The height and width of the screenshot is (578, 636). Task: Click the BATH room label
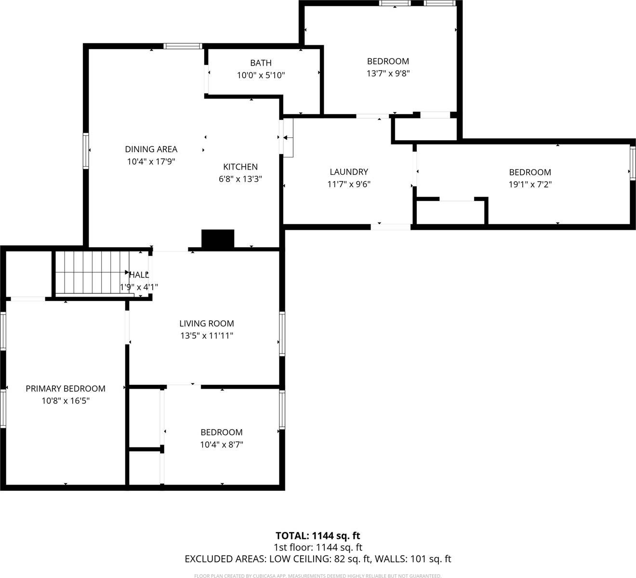pos(261,63)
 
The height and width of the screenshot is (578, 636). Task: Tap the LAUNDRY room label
pos(349,172)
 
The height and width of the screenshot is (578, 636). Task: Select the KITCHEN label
pos(240,167)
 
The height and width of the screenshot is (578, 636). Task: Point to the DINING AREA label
pos(151,149)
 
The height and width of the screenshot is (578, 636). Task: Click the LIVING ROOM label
pos(207,324)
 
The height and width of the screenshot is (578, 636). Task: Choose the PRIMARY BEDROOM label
pos(66,389)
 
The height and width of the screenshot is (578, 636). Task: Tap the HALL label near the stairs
pos(139,275)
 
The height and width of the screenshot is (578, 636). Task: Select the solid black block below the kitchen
pos(217,239)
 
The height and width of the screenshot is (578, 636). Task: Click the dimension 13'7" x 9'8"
pos(388,74)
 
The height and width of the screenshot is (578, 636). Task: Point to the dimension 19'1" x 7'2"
pos(530,184)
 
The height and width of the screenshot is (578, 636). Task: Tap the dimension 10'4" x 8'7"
pos(222,445)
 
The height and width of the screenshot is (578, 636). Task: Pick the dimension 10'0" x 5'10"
pos(261,76)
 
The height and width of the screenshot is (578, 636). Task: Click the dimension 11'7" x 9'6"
pos(349,184)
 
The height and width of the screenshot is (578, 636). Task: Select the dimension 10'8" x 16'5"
pos(66,401)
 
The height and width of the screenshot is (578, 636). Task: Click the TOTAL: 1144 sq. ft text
pos(318,536)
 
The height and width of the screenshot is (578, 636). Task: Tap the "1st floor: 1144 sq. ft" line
pos(318,547)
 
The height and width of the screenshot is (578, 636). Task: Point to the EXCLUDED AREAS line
pos(318,559)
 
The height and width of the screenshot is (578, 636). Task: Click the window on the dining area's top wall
pos(182,46)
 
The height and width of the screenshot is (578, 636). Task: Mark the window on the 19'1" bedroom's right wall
pos(632,162)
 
